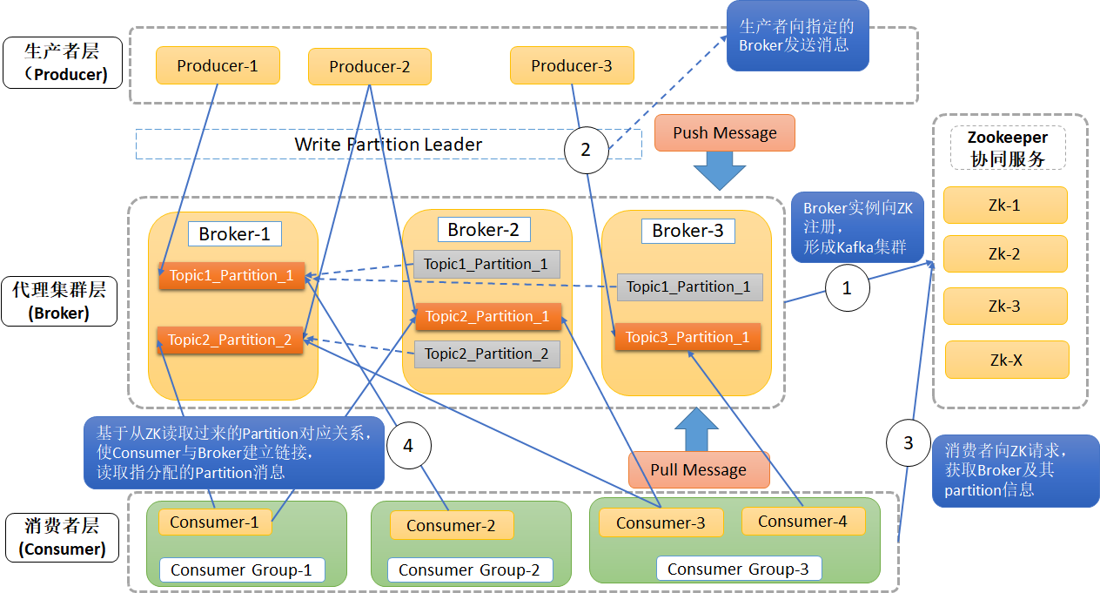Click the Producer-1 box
point(218,66)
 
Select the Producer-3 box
point(572,66)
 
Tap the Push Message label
point(725,133)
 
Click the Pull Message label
point(699,470)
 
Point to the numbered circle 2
point(586,150)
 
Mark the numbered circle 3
point(909,443)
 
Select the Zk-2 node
point(1005,254)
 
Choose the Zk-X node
point(1006,359)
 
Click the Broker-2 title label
point(483,230)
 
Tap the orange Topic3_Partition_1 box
point(687,337)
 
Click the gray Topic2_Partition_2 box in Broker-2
point(486,354)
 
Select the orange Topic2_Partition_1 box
point(488,316)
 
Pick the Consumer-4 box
point(802,521)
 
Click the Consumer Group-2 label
point(469,570)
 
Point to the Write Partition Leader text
point(388,145)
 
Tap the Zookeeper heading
point(1008,138)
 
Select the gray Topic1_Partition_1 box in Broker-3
point(689,286)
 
